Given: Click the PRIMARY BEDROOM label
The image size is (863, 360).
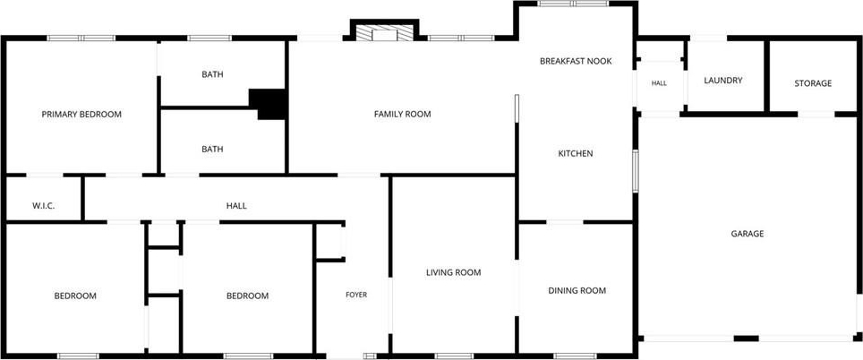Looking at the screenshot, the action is pyautogui.click(x=81, y=115).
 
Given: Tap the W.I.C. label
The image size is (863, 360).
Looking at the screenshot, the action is pyautogui.click(x=43, y=206).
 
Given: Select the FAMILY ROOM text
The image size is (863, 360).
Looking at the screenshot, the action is pyautogui.click(x=402, y=115).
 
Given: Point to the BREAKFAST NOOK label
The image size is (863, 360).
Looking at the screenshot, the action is pyautogui.click(x=576, y=61).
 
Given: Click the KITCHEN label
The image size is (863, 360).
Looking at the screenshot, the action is pyautogui.click(x=576, y=153).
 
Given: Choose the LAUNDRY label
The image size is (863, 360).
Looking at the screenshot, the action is pyautogui.click(x=723, y=81).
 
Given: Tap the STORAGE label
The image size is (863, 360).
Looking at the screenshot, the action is pyautogui.click(x=813, y=83).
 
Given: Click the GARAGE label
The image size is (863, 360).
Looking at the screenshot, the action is pyautogui.click(x=748, y=234).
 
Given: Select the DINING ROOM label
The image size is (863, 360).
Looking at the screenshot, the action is pyautogui.click(x=577, y=291).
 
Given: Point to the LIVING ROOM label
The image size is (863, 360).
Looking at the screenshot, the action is pyautogui.click(x=454, y=272).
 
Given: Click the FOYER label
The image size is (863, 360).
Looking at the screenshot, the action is pyautogui.click(x=356, y=295).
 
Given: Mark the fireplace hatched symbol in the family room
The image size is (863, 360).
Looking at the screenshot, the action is pyautogui.click(x=384, y=33).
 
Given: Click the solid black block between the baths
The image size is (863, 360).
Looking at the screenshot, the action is pyautogui.click(x=269, y=104).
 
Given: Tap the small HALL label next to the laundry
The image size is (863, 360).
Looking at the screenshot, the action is pyautogui.click(x=659, y=83).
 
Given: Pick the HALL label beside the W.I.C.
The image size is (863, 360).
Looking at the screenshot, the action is pyautogui.click(x=236, y=206).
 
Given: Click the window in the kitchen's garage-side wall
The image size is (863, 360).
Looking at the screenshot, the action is pyautogui.click(x=635, y=172).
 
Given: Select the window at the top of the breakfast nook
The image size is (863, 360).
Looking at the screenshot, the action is pyautogui.click(x=573, y=4).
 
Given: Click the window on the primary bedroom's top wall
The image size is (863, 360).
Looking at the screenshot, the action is pyautogui.click(x=81, y=38).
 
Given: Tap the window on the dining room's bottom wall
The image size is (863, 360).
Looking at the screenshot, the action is pyautogui.click(x=575, y=356).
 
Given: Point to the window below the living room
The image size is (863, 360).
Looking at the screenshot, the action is pyautogui.click(x=454, y=356).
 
